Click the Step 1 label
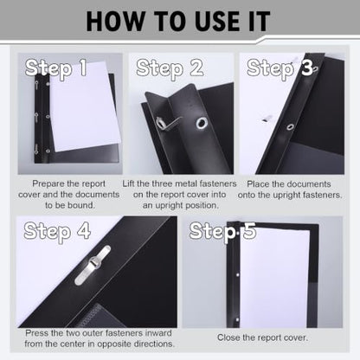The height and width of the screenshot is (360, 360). coord(56,68)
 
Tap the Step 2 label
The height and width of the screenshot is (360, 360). coord(170,68)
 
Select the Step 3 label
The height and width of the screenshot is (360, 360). coord(280,68)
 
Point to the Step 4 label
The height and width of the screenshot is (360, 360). coord(57,231)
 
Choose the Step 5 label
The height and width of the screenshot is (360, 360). coord(222,231)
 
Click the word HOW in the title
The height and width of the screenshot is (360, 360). coord(115,22)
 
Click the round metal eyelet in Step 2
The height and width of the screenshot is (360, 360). coord(202,123)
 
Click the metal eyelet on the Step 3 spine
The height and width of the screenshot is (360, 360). coord(290,127)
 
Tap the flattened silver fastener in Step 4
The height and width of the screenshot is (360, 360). coord(93,265)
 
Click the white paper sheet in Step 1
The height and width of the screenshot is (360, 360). coord(84,106)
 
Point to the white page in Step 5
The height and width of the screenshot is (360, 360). coord(274,277)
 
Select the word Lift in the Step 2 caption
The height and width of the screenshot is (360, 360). coord(128,183)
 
